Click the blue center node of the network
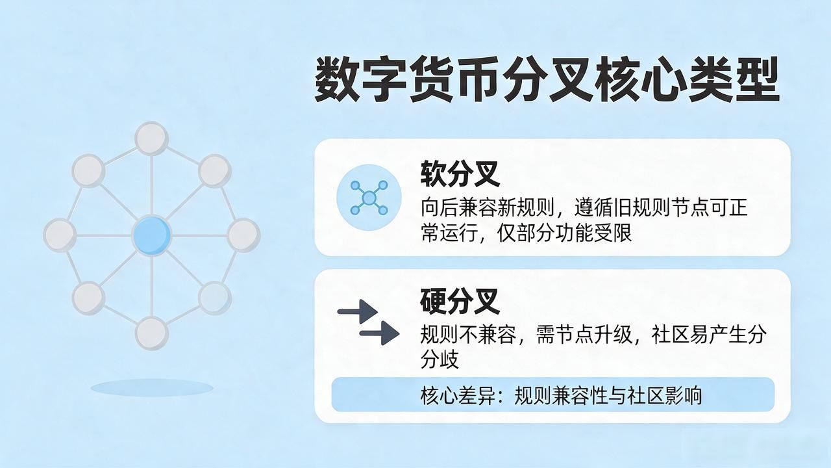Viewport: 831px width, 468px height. (x=151, y=236)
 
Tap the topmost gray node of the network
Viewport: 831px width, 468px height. (x=151, y=138)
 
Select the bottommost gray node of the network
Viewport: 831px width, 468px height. (x=151, y=333)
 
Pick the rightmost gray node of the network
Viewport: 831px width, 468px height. (x=243, y=235)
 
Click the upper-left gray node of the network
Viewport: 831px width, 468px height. (x=88, y=170)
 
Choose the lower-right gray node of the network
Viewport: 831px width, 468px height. (x=215, y=298)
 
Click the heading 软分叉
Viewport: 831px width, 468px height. (x=460, y=174)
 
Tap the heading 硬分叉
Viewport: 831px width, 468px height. (x=460, y=301)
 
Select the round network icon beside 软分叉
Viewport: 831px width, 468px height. (x=369, y=198)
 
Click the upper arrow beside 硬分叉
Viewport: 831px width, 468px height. (x=357, y=311)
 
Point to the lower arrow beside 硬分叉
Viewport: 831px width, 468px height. (x=379, y=333)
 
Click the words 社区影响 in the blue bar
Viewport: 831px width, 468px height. (x=664, y=395)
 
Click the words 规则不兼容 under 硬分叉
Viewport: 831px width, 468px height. (x=468, y=334)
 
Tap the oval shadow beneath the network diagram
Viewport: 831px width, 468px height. (x=152, y=388)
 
